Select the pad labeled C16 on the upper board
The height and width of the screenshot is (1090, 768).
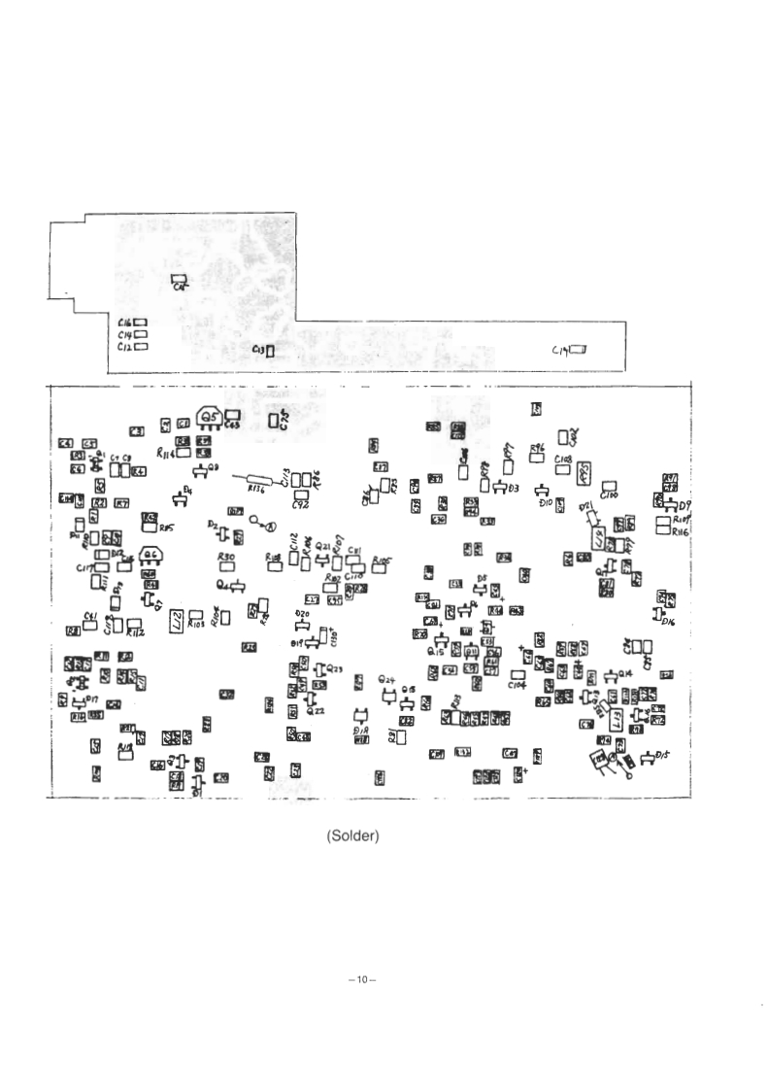tap(140, 323)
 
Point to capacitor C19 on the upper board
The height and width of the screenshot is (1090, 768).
tap(580, 350)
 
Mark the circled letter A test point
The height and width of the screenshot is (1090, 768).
tap(271, 527)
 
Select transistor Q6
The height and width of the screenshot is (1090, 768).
tap(150, 556)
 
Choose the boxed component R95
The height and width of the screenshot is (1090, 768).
tap(584, 473)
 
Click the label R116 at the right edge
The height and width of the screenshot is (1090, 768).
tap(678, 533)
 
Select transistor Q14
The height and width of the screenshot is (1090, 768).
tap(611, 677)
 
